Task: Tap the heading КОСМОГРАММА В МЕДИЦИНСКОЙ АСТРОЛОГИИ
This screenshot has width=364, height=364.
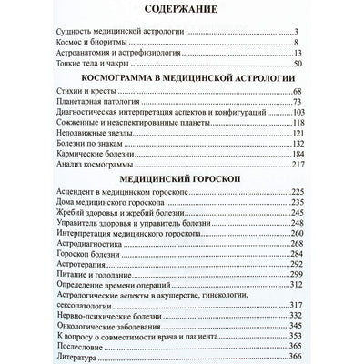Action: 182,79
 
